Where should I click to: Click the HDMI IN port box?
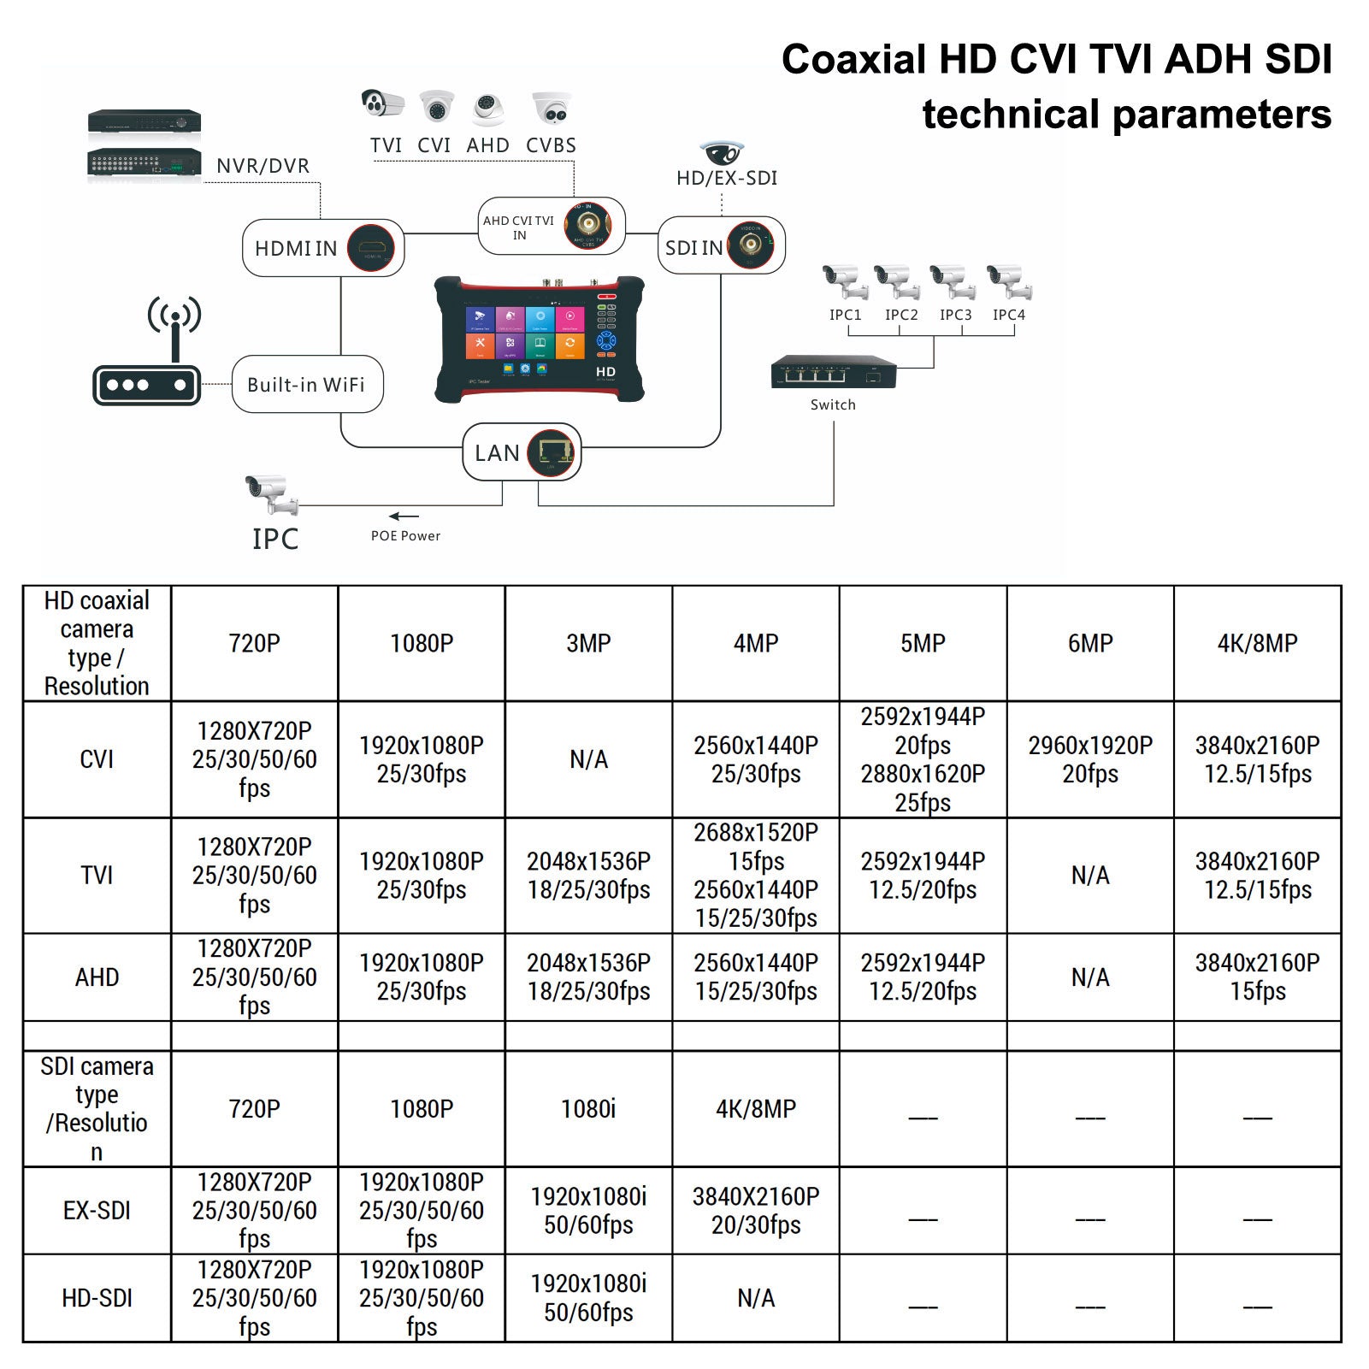[322, 248]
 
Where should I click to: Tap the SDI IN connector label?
[693, 248]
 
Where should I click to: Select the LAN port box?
[522, 452]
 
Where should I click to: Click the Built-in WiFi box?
[307, 385]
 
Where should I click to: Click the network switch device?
[833, 373]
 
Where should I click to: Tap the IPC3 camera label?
[955, 315]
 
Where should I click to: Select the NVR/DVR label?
[263, 166]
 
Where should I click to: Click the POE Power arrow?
[404, 516]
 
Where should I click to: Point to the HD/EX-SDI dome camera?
[722, 153]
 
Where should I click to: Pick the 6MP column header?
[1090, 643]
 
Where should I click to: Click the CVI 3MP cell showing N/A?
[588, 759]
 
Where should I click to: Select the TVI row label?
[97, 876]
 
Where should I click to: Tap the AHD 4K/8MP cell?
[1257, 977]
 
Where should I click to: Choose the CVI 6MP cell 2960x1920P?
[1090, 759]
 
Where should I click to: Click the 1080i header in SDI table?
[588, 1108]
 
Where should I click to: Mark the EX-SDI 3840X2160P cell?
[756, 1210]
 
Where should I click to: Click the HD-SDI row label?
[97, 1298]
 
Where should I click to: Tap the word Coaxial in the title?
[853, 60]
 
